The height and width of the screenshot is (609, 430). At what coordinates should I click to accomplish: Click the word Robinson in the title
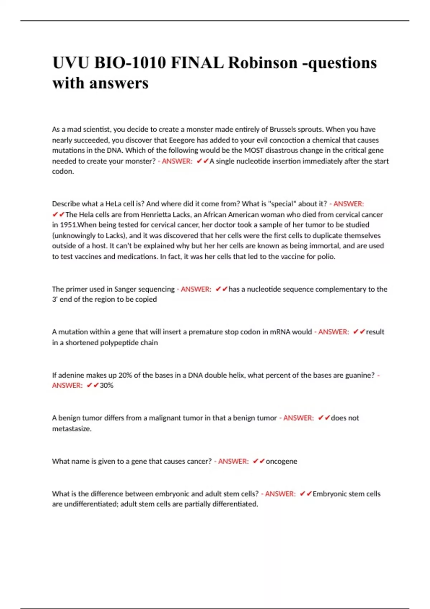263,63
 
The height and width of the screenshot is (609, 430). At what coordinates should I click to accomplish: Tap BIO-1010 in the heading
130,63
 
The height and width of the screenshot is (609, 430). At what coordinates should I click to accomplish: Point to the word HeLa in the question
113,204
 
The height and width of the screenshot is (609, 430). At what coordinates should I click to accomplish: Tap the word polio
326,256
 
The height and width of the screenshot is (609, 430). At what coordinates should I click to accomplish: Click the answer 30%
106,385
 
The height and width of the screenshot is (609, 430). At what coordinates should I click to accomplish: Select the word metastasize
71,429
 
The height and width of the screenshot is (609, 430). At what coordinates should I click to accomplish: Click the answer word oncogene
281,461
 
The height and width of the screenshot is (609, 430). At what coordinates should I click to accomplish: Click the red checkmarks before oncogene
259,461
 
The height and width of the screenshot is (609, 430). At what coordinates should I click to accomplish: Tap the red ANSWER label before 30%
67,385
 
